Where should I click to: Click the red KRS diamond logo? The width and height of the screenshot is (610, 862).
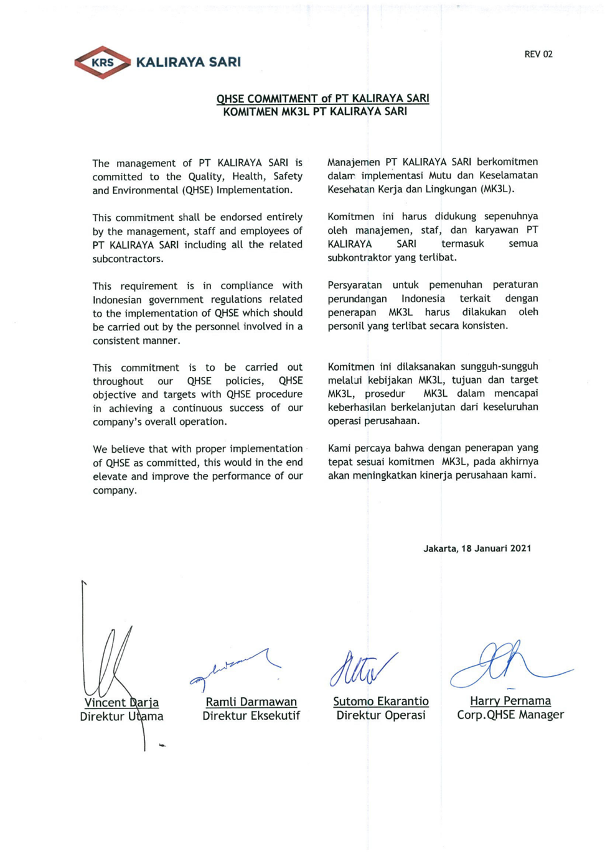pos(102,62)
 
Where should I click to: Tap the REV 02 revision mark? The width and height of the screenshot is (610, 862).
pos(538,54)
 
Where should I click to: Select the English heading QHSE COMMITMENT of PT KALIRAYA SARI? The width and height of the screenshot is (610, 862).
pos(322,98)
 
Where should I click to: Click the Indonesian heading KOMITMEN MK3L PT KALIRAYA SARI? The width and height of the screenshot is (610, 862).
pos(315,112)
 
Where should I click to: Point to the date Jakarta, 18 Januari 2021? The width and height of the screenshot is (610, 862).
pos(477,549)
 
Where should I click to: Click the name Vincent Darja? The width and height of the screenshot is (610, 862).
pos(121,703)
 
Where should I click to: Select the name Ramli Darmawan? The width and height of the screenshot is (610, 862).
pos(251,702)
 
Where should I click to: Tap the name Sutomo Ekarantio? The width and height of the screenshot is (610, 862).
pos(380,702)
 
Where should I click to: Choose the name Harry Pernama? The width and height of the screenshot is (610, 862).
pos(510,701)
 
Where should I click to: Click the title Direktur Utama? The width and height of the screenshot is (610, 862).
pos(121,716)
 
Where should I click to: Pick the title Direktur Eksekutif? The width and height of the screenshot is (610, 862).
pos(251,716)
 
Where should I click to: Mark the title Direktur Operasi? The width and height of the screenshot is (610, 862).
pos(380,715)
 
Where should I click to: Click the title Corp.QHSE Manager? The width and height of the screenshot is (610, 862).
pos(510,715)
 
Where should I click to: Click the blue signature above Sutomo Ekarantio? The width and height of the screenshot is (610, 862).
pos(361,669)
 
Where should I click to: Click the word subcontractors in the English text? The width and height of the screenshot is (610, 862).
pos(128,259)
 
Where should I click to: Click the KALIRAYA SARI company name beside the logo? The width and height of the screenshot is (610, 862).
pos(188,62)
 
